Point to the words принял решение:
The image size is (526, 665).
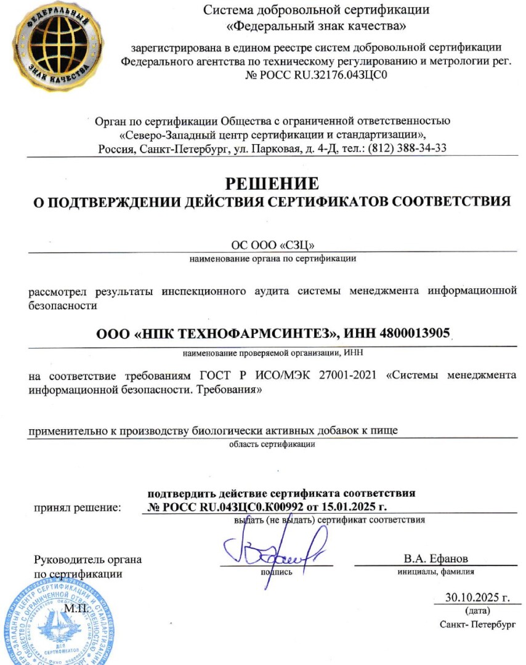click(76, 508)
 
